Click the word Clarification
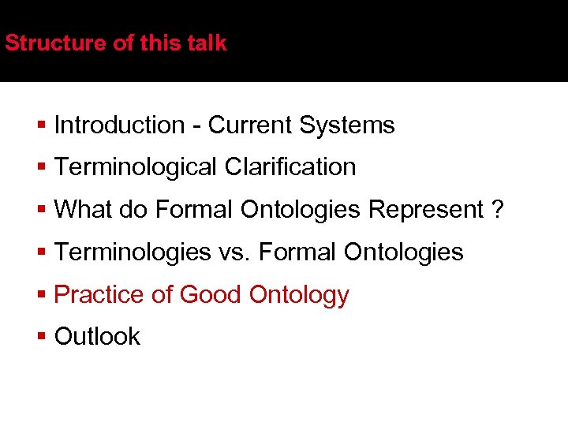pyautogui.click(x=290, y=167)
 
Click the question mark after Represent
pyautogui.click(x=497, y=210)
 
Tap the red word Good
pyautogui.click(x=211, y=294)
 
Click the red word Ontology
pyautogui.click(x=299, y=295)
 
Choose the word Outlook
pyautogui.click(x=97, y=337)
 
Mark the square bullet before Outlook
pyautogui.click(x=42, y=337)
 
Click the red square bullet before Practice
pyautogui.click(x=42, y=295)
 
